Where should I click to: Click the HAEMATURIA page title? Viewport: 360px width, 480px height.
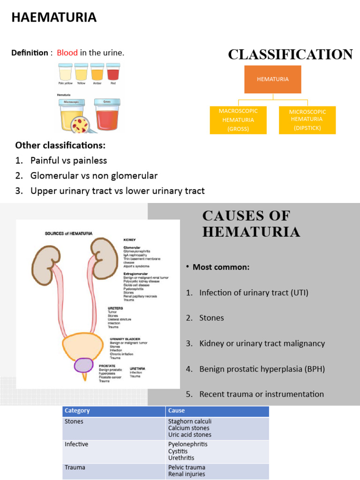coord(54,18)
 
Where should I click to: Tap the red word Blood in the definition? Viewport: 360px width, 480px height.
coord(67,53)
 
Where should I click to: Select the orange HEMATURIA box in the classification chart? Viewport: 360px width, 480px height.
coord(273,79)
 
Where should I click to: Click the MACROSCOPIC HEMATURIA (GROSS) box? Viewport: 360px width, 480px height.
coord(238,120)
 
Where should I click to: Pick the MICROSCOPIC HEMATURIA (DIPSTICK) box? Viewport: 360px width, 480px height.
coord(307,120)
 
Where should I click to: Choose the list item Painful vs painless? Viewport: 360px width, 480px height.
coord(68,160)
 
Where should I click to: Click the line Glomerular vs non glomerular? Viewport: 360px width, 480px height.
coord(94,176)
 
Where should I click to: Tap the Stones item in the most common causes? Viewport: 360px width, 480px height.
coord(211,318)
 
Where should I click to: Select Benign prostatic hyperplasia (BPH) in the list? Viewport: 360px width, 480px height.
coord(262,369)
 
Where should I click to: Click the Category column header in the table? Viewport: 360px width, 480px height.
coord(77,411)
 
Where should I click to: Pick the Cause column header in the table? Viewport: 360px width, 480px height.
coord(177,411)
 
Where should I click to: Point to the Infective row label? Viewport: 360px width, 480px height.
coord(76,444)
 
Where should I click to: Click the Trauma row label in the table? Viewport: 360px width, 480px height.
coord(75,467)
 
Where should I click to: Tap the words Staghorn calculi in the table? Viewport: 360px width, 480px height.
coord(187,421)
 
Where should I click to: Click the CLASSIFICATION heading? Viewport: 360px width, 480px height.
coord(290,55)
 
